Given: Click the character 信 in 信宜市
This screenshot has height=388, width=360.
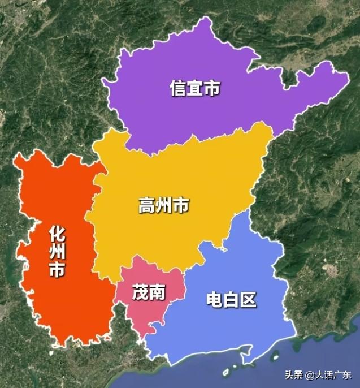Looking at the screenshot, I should tap(178, 89).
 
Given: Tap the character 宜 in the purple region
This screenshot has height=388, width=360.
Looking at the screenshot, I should tap(195, 89).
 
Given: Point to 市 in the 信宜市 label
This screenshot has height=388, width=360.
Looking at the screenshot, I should tap(212, 89).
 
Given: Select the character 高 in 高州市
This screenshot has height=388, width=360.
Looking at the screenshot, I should tap(147, 206).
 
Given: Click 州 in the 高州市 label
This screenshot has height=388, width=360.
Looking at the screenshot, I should tap(164, 206).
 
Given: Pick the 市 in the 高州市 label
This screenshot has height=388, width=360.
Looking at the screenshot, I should tap(181, 206).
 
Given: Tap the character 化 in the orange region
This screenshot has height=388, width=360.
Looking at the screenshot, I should tap(57, 233).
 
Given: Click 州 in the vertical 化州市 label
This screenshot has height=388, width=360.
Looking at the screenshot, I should tap(57, 251).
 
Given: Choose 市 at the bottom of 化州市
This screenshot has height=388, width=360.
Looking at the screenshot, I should tap(57, 270).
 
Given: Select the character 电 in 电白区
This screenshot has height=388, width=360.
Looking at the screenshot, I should tap(215, 299).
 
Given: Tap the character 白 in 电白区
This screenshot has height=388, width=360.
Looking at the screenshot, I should tap(232, 299).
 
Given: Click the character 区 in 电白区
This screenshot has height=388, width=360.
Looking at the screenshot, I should tap(249, 299).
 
